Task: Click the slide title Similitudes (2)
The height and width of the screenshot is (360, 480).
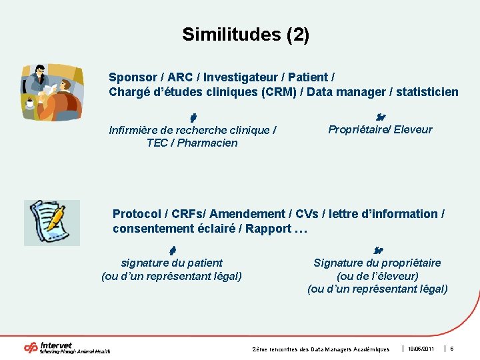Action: pyautogui.click(x=245, y=35)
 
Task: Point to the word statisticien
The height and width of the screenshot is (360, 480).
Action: pyautogui.click(x=426, y=91)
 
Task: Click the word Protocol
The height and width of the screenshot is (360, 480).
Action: pyautogui.click(x=137, y=214)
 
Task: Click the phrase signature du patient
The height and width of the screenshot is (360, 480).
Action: pyautogui.click(x=171, y=263)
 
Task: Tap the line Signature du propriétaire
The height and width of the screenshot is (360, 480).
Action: pyautogui.click(x=377, y=263)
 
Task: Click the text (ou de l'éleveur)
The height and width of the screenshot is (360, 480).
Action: pyautogui.click(x=377, y=276)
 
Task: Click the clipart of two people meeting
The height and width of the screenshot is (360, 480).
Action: pyautogui.click(x=52, y=91)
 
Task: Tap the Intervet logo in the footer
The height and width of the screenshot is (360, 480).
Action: pyautogui.click(x=67, y=347)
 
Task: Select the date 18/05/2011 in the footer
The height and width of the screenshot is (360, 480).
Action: pyautogui.click(x=421, y=349)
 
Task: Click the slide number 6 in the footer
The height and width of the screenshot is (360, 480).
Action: pyautogui.click(x=452, y=349)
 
